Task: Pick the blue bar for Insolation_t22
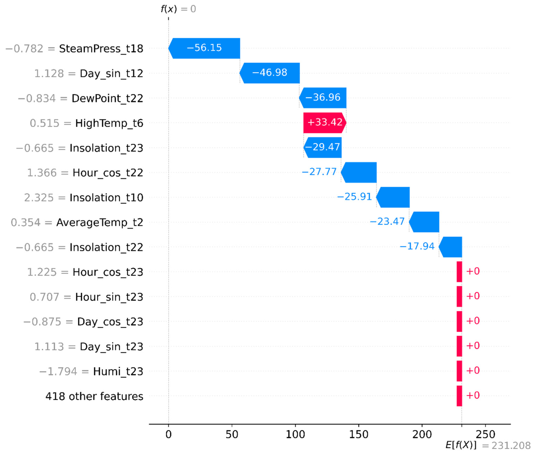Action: [x=450, y=247]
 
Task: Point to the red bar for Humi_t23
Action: [x=459, y=371]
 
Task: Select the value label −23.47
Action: [x=387, y=221]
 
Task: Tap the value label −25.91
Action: [x=354, y=197]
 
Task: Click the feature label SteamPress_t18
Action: [x=101, y=49]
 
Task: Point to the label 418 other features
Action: [x=94, y=396]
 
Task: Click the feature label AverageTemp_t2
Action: [x=100, y=222]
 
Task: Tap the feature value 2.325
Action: [x=39, y=198]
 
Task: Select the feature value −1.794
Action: [x=58, y=371]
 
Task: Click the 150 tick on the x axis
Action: [x=359, y=434]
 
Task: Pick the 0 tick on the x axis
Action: [x=169, y=434]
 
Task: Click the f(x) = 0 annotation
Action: [x=178, y=9]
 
